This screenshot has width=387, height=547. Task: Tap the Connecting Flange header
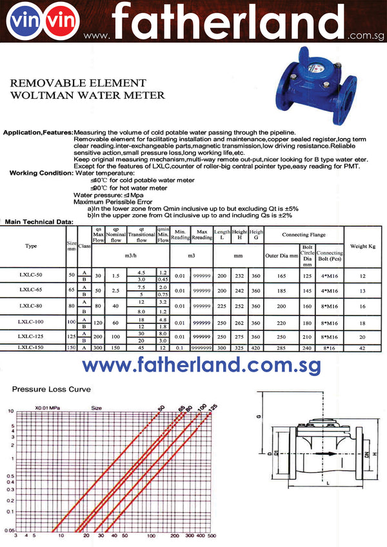[x=304, y=234]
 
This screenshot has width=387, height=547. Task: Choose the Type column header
[x=31, y=246]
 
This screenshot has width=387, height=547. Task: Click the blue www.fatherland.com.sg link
[x=202, y=365]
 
